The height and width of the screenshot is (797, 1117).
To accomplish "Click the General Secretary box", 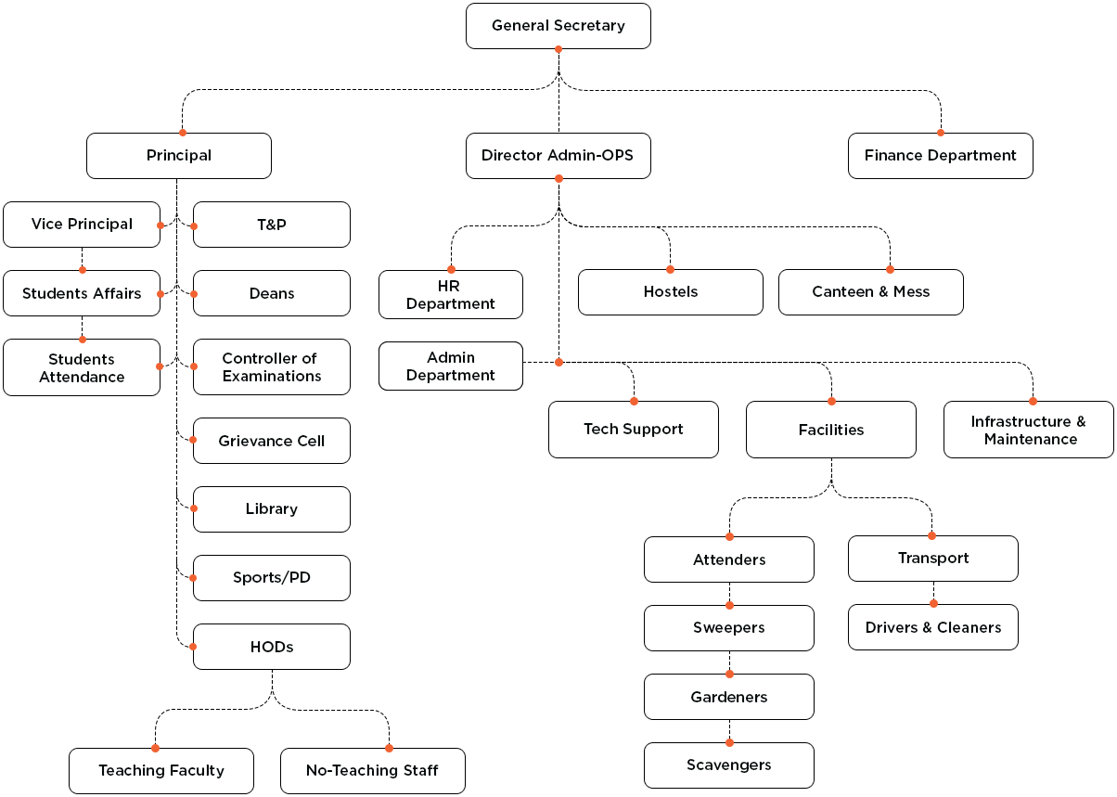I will pyautogui.click(x=558, y=26).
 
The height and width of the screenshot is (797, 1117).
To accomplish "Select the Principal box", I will pyautogui.click(x=179, y=156).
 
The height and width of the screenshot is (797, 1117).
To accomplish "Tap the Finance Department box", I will pyautogui.click(x=940, y=156).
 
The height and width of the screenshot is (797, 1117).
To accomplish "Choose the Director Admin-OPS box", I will pyautogui.click(x=558, y=156).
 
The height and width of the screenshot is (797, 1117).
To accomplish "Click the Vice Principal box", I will pyautogui.click(x=82, y=225).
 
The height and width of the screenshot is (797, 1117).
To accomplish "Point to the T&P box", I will pyautogui.click(x=272, y=225).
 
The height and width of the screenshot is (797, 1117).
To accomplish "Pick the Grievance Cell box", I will pyautogui.click(x=272, y=441).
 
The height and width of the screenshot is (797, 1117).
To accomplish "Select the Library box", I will pyautogui.click(x=272, y=509).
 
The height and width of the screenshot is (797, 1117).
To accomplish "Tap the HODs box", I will pyautogui.click(x=272, y=647).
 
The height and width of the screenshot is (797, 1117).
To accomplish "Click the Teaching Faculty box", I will pyautogui.click(x=161, y=770).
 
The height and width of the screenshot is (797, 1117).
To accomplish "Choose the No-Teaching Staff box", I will pyautogui.click(x=372, y=770).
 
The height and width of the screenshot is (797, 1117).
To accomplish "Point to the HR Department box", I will pyautogui.click(x=451, y=295).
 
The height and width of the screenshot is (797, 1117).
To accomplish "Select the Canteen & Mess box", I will pyautogui.click(x=870, y=292).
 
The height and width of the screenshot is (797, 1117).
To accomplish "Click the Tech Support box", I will pyautogui.click(x=634, y=430).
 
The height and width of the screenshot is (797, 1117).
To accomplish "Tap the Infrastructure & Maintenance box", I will pyautogui.click(x=1028, y=430).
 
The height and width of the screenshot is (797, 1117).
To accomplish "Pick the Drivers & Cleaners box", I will pyautogui.click(x=933, y=628).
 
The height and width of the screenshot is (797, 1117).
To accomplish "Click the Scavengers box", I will pyautogui.click(x=729, y=765).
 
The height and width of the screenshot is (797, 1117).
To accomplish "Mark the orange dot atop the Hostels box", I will pyautogui.click(x=670, y=269).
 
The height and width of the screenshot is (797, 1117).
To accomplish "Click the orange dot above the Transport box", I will pyautogui.click(x=931, y=535).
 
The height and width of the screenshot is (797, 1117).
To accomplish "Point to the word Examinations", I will pyautogui.click(x=272, y=377).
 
